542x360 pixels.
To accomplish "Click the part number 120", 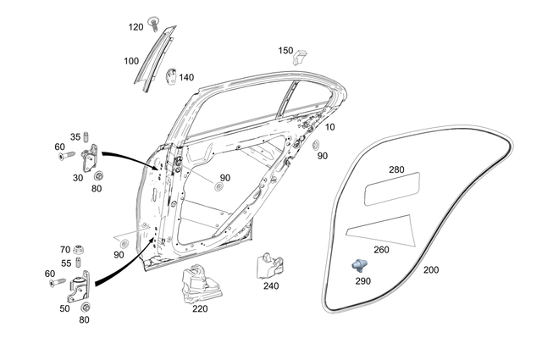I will (x=136, y=27).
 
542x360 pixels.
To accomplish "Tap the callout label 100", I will (x=131, y=61).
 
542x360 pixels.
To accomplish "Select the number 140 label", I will (x=186, y=77).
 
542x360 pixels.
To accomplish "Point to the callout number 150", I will (x=286, y=51).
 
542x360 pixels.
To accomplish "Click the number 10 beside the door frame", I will (x=329, y=127).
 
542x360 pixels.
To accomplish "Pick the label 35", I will (x=75, y=136).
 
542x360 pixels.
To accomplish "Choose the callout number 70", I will (x=65, y=250).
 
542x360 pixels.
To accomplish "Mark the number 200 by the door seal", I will (x=430, y=269).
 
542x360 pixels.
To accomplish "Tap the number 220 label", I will (x=200, y=309).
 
